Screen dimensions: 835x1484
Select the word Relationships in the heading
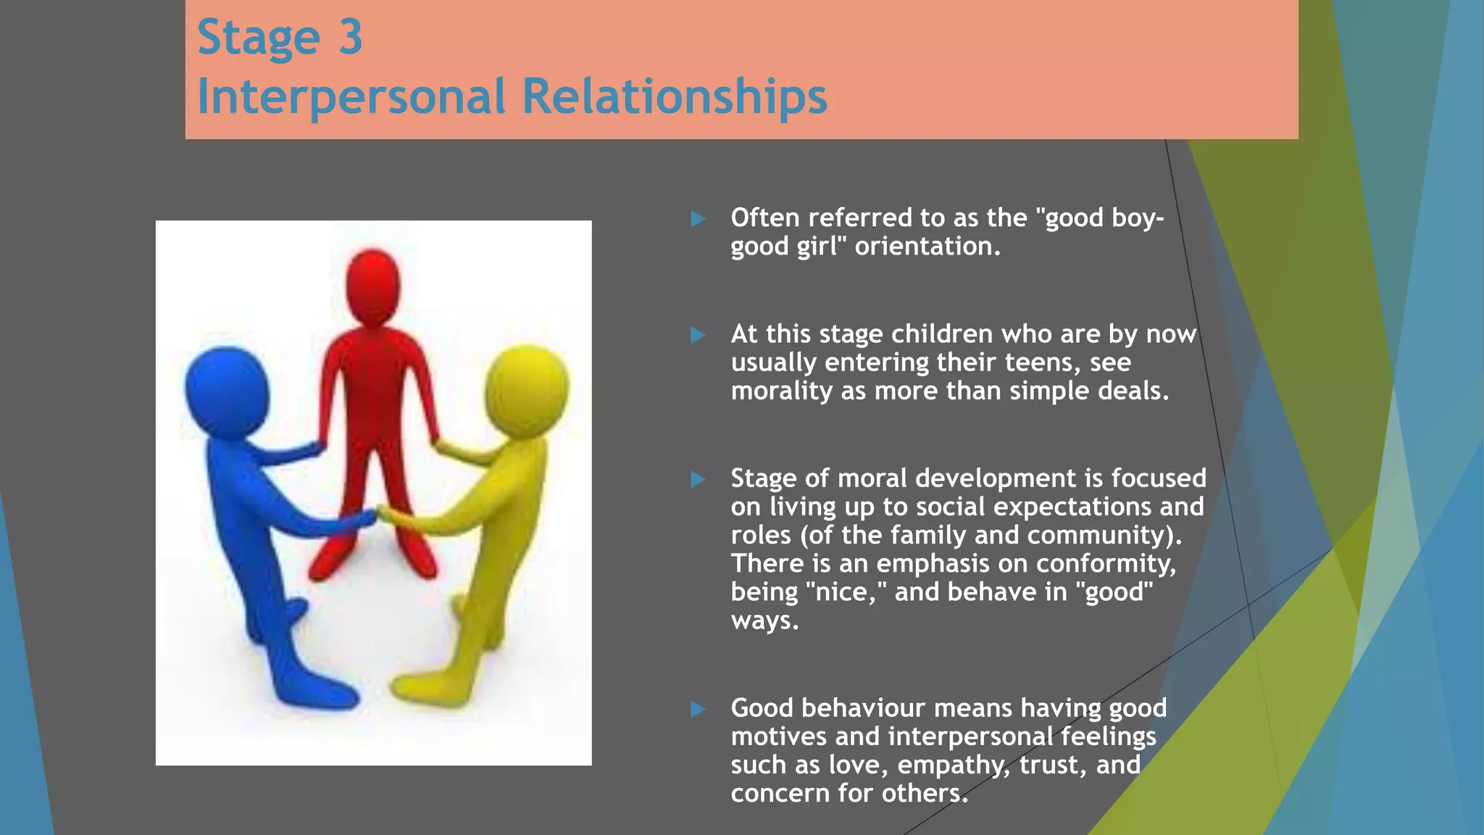674,96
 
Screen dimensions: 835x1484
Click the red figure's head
372,286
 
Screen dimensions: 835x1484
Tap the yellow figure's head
527,390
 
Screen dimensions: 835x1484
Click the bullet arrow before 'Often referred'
698,219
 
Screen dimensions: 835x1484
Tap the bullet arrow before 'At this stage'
698,335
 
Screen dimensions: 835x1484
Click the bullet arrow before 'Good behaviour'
698,709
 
